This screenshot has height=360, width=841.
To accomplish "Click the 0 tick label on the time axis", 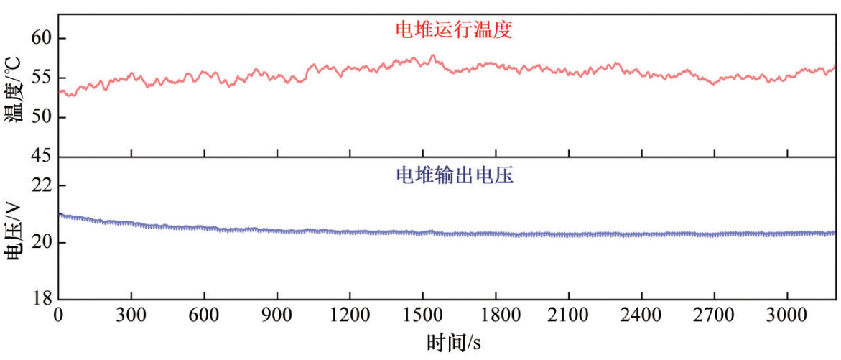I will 59,316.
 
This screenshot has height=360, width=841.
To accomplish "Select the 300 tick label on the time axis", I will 131,316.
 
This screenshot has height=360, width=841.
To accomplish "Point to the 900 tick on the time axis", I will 277,316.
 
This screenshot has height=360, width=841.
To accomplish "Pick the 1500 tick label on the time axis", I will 423,316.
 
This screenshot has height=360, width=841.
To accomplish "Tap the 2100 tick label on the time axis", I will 569,316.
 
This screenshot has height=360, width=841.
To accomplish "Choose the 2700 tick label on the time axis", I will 715,316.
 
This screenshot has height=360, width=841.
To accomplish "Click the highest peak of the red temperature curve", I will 432,55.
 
